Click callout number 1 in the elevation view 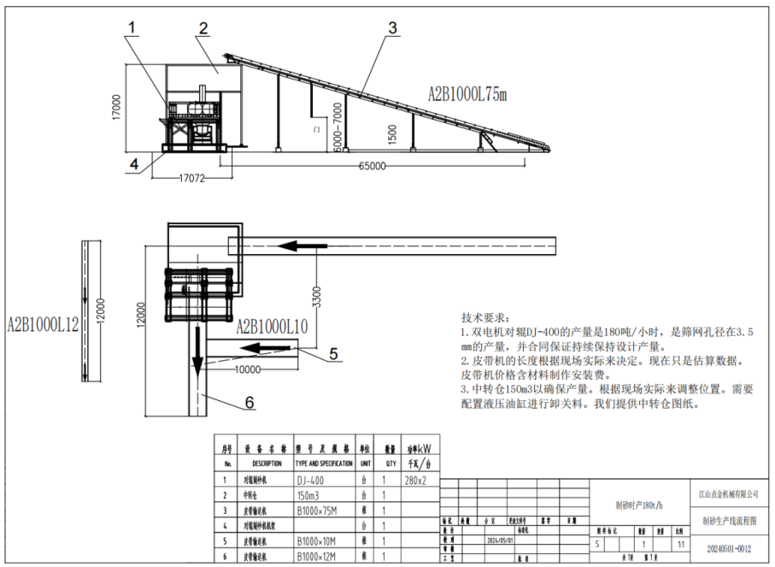coord(132,29)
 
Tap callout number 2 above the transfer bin coord(203,29)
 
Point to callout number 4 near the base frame coord(133,162)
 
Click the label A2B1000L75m coord(467,94)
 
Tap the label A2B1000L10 coord(271,326)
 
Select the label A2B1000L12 coord(43,324)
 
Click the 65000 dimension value coord(373,165)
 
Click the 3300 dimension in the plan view coord(317,293)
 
